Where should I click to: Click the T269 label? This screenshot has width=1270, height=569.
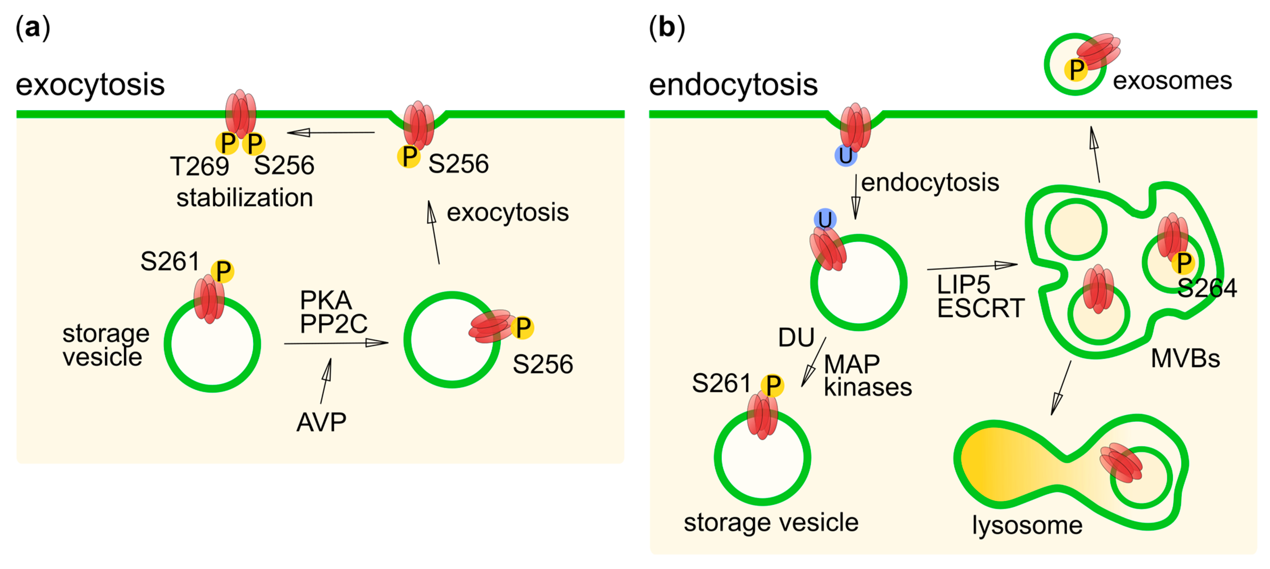pos(199,166)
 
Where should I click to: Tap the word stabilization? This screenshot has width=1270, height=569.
pos(245,198)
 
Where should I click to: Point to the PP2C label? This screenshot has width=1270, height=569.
pos(333,324)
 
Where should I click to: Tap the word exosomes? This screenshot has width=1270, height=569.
pos(1172,80)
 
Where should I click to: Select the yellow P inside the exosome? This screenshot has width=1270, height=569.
pos(1076,70)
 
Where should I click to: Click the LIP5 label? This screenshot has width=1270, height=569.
pos(963,284)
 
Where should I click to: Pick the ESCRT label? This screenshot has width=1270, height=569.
pos(980,309)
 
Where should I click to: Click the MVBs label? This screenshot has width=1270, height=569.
pos(1185,358)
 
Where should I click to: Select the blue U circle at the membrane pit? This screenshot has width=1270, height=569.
pos(845,155)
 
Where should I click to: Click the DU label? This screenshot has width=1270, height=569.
pos(796,338)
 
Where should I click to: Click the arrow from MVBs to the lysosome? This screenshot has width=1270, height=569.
pos(1061,388)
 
